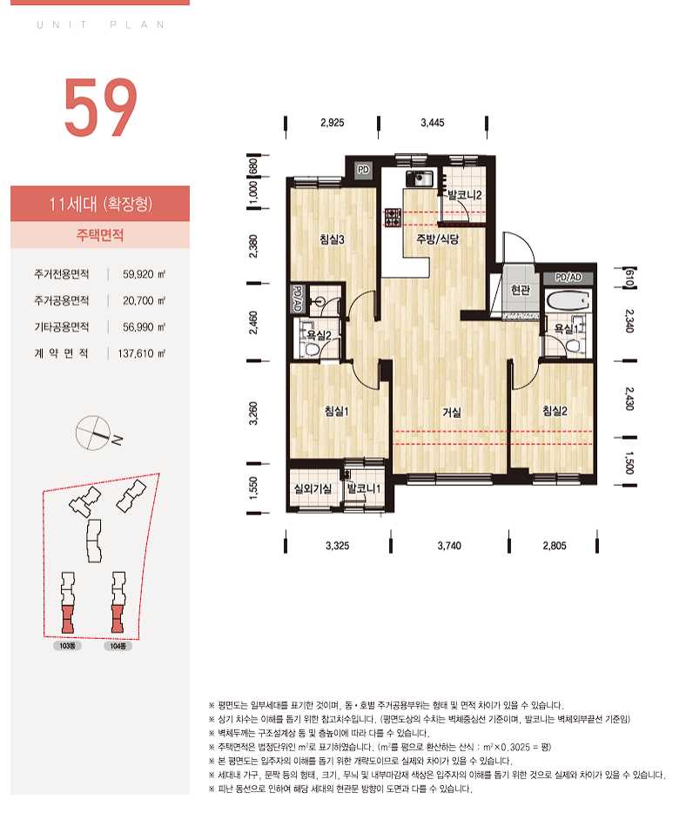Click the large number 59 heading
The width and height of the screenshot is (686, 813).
click(101, 108)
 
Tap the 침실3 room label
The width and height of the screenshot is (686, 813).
click(332, 239)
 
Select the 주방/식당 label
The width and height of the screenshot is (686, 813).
click(438, 239)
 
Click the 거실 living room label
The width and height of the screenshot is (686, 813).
click(452, 413)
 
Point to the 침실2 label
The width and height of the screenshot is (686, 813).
click(555, 411)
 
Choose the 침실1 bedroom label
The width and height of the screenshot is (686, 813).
click(337, 411)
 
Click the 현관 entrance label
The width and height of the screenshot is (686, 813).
click(520, 290)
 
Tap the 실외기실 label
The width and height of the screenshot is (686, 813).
click(313, 488)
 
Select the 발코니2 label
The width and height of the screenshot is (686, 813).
click(465, 196)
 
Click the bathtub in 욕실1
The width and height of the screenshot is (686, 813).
click(568, 301)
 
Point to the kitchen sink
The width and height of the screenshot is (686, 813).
click(419, 178)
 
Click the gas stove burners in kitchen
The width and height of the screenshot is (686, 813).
click(393, 218)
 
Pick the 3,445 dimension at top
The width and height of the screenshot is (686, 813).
click(433, 123)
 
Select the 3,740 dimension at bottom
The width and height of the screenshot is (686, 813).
click(449, 546)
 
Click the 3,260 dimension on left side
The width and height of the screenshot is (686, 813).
click(253, 413)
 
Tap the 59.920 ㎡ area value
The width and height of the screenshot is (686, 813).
click(144, 274)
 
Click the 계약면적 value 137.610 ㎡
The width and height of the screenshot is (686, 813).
click(142, 353)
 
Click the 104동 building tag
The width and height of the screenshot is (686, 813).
click(118, 646)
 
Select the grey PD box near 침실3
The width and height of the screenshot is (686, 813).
click(364, 170)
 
